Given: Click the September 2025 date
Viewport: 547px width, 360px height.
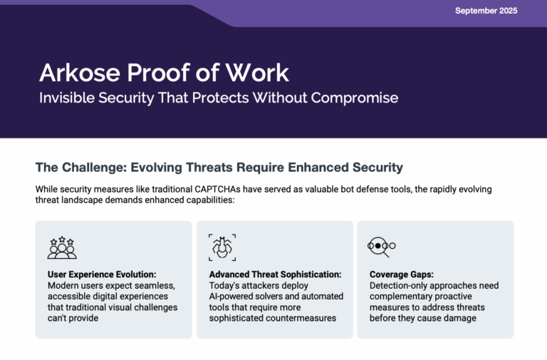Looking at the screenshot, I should tap(486, 11).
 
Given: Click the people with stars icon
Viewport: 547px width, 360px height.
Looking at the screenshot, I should tap(62, 247).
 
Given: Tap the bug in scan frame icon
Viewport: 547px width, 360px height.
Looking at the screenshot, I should tap(222, 247).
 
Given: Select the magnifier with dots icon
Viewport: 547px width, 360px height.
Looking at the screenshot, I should tap(381, 247).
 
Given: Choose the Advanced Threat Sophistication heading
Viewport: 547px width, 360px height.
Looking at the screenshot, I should tap(275, 274).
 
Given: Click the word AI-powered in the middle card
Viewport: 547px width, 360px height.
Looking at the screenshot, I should tap(233, 296).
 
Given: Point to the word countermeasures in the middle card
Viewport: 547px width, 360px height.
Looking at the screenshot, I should tap(301, 318).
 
